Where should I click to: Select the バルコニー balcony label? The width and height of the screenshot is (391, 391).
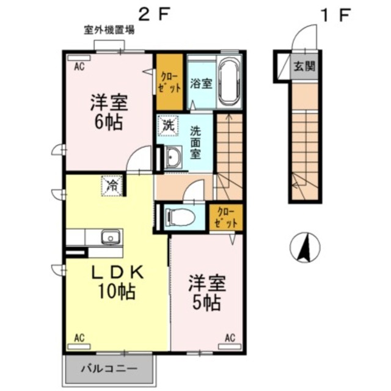tap(110, 369)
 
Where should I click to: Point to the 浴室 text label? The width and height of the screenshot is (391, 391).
tap(200, 83)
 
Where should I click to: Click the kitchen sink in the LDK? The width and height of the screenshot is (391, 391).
tap(111, 236)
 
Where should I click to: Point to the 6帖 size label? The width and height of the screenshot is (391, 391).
tap(108, 121)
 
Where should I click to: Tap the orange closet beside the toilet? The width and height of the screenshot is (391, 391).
tap(225, 217)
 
